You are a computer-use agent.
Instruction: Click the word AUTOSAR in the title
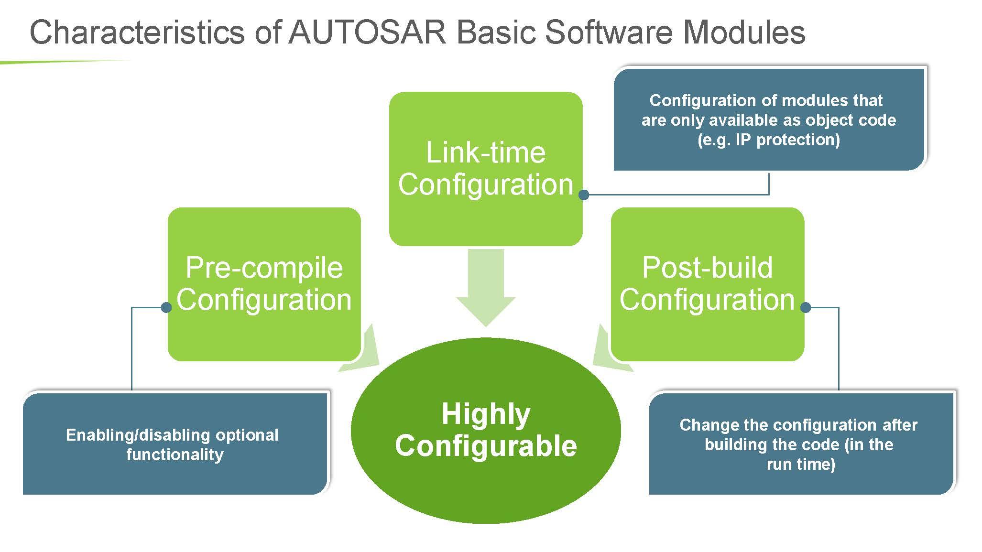click(367, 32)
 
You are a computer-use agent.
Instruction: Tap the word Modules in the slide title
click(744, 32)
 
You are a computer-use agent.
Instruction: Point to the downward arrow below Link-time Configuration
click(486, 287)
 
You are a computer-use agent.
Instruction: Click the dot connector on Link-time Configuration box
click(583, 195)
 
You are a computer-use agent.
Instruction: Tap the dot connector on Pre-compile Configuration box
click(166, 307)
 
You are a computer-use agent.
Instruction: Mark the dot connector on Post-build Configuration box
click(806, 307)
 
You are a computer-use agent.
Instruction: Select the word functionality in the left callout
click(175, 455)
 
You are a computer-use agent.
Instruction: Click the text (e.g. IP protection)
click(768, 140)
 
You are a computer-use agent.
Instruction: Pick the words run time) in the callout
click(801, 464)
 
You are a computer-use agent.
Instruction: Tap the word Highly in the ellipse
click(486, 414)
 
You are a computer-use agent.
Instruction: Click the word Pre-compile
click(264, 268)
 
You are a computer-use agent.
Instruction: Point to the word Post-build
click(707, 268)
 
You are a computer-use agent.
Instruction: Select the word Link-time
click(485, 153)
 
